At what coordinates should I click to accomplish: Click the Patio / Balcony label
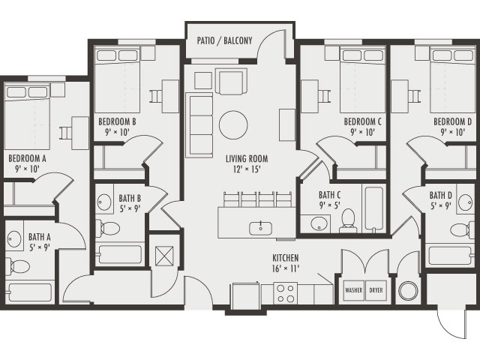[224, 40]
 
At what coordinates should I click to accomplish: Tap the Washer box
[353, 290]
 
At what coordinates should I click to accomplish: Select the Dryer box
[375, 290]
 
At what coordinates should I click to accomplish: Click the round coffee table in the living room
[233, 124]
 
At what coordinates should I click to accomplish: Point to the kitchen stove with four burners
[286, 292]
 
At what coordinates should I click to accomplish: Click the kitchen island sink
[260, 226]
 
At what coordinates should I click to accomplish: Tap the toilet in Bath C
[347, 220]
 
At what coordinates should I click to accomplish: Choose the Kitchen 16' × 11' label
[286, 262]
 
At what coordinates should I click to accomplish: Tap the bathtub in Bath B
[120, 254]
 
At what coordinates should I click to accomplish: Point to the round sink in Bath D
[465, 201]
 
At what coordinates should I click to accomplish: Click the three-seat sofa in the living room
[199, 125]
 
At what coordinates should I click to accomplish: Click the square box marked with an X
[164, 253]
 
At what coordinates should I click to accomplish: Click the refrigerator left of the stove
[245, 295]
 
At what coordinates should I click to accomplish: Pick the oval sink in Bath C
[318, 223]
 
